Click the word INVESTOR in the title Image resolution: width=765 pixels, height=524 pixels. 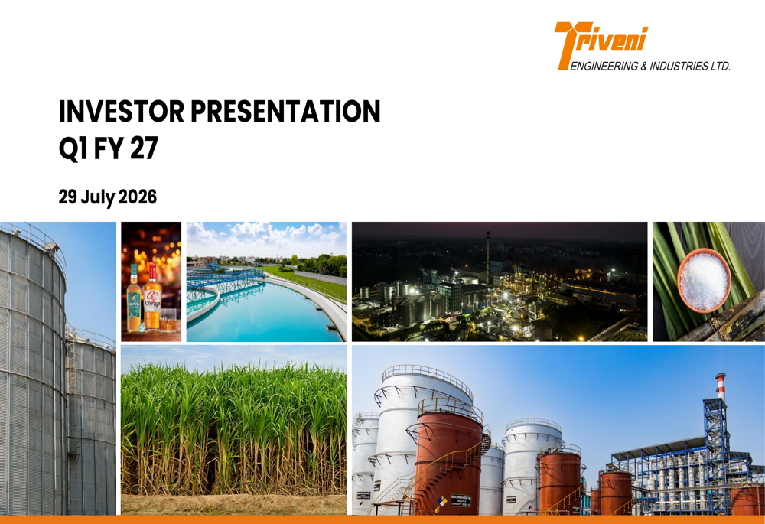click(122, 111)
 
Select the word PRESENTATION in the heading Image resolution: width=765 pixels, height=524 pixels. click(285, 111)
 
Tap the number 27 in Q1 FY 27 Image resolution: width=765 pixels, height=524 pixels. click(144, 148)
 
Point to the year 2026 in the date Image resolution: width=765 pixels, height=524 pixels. click(138, 197)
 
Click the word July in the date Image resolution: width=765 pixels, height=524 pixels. click(98, 197)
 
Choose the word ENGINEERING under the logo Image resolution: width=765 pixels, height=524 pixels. click(604, 67)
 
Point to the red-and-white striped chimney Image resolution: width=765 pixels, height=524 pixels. click(721, 386)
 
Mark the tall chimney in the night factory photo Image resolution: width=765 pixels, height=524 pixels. click(487, 259)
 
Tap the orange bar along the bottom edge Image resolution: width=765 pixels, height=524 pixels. click(382, 519)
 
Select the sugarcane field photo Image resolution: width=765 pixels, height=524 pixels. click(233, 430)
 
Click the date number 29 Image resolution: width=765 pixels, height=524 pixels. click(68, 197)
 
